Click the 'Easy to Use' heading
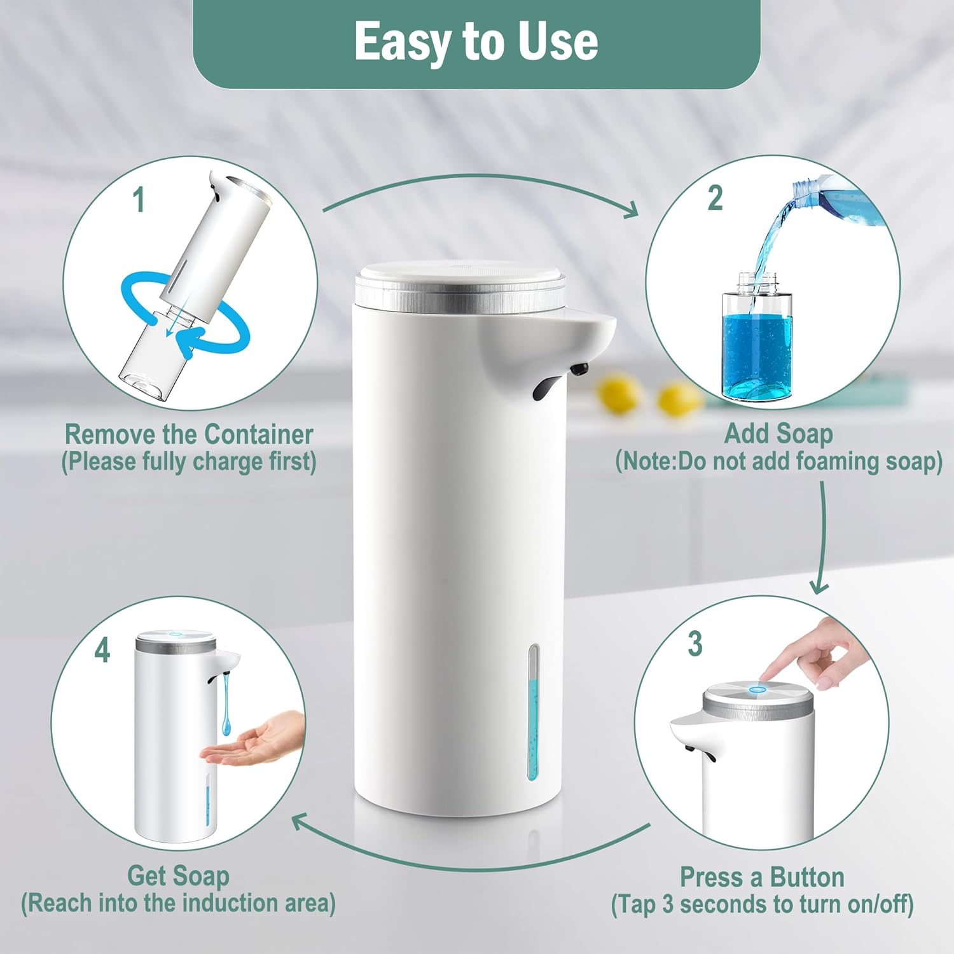pyautogui.click(x=476, y=42)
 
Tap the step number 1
pyautogui.click(x=139, y=199)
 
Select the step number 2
pyautogui.click(x=715, y=198)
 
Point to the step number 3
pyautogui.click(x=695, y=644)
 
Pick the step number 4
pyautogui.click(x=102, y=650)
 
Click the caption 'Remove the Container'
pyautogui.click(x=189, y=435)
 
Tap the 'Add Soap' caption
pyautogui.click(x=778, y=434)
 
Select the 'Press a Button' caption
pyautogui.click(x=762, y=877)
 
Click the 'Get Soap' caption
pyautogui.click(x=178, y=876)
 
